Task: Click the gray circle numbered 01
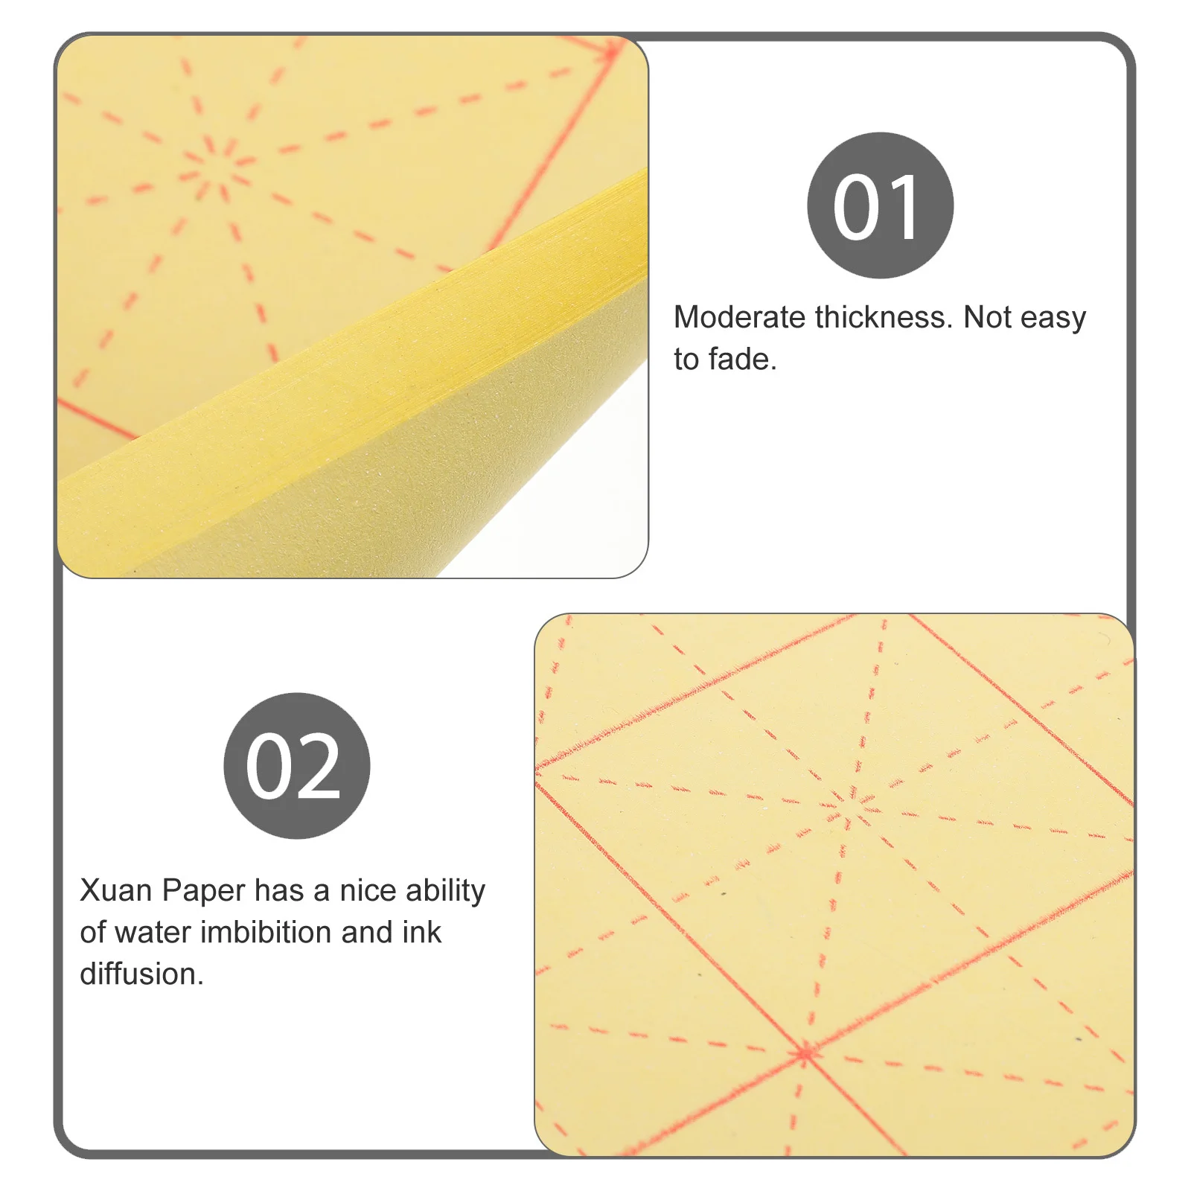(880, 205)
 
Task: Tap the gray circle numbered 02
(296, 765)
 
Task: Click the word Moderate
(739, 318)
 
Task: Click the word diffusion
(141, 974)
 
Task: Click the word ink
(422, 932)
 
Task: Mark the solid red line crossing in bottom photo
(805, 1053)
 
